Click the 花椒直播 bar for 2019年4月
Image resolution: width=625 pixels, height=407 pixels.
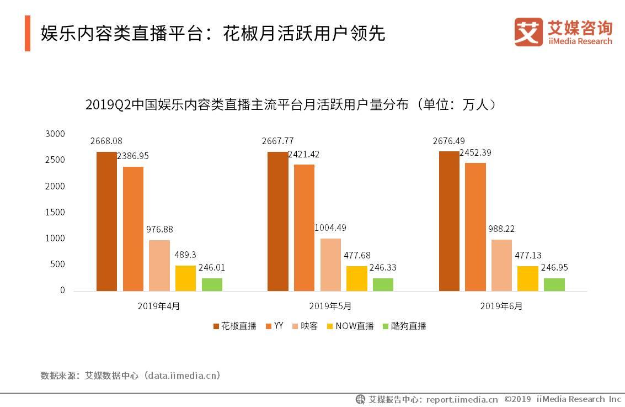(x=106, y=221)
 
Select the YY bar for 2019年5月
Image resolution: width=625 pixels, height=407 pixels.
(x=304, y=227)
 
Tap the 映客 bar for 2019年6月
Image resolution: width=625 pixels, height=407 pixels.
(x=501, y=265)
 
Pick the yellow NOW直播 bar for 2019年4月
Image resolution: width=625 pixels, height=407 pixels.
(x=185, y=278)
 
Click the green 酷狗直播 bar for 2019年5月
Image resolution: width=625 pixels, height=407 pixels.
(x=383, y=284)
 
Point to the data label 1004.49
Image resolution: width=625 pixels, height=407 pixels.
(x=330, y=228)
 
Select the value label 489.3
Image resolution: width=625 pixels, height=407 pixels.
(x=185, y=255)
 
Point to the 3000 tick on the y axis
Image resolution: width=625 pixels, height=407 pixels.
(x=55, y=134)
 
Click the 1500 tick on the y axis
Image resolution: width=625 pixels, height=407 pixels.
(x=55, y=212)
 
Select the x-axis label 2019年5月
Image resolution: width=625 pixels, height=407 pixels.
(x=330, y=305)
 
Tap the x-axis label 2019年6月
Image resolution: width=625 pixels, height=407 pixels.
(x=501, y=305)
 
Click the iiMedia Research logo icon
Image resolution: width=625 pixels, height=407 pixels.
(x=528, y=32)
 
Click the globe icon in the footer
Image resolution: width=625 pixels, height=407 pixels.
(x=360, y=399)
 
